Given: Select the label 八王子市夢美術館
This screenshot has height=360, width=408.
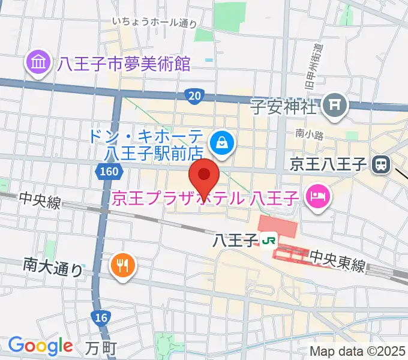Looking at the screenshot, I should (x=124, y=62).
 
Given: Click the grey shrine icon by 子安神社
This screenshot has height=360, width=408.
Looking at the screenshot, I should (x=335, y=107).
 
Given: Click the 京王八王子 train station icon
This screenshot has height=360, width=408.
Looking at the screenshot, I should (x=381, y=163).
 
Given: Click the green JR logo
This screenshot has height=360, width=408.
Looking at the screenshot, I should (x=268, y=240).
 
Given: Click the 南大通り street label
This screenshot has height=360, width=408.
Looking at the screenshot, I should (x=53, y=266).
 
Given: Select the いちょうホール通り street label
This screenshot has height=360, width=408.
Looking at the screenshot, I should (x=154, y=22).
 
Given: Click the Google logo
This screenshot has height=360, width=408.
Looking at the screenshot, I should (x=40, y=345).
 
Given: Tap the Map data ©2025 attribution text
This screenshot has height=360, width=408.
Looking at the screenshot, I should (x=358, y=351).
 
